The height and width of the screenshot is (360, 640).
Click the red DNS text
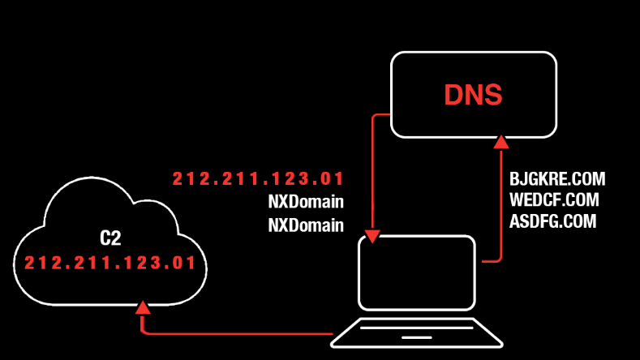[x=473, y=95]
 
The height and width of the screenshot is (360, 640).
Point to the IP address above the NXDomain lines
[x=258, y=178]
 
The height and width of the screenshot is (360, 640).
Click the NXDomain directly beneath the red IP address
[x=306, y=201]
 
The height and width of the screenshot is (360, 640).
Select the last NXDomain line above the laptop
[x=306, y=225]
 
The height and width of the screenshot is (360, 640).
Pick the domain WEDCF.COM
[x=554, y=199]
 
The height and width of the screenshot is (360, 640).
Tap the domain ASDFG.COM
[x=553, y=221]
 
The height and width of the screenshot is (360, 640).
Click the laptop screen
[x=416, y=272]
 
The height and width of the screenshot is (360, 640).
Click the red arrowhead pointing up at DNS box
[x=501, y=143]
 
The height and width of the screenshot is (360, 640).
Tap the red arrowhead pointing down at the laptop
[x=372, y=236]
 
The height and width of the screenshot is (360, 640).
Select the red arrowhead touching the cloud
[x=143, y=306]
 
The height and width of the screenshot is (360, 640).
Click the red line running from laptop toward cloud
[x=243, y=332]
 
